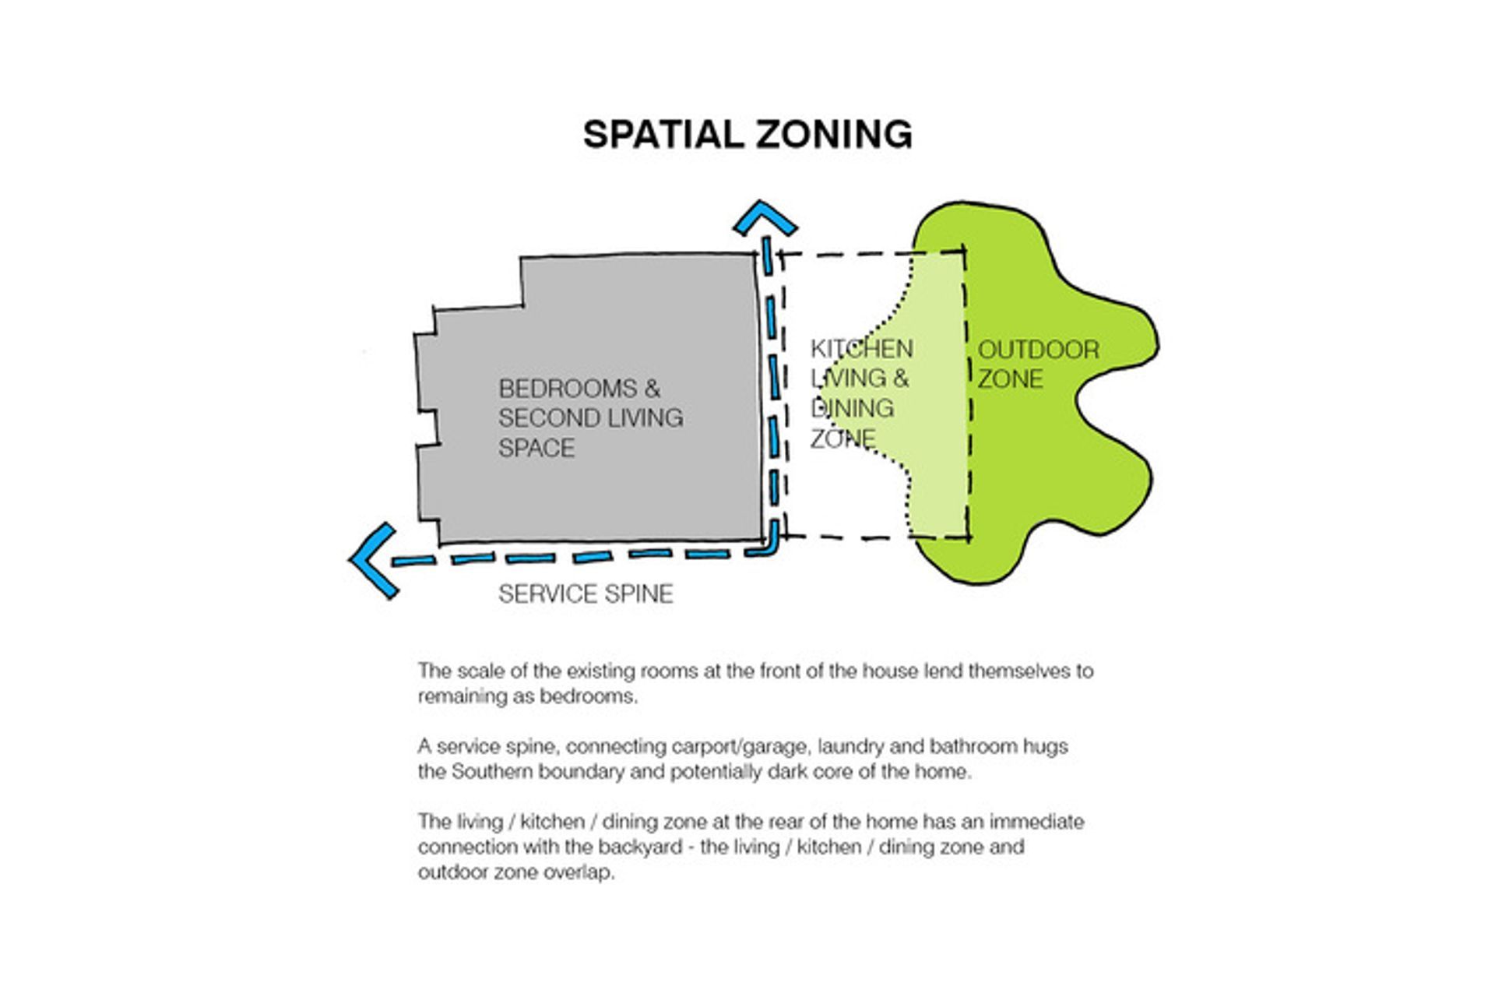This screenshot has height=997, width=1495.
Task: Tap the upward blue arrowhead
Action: tap(765, 217)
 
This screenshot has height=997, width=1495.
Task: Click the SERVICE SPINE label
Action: tap(586, 594)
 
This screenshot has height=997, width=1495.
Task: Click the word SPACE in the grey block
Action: tap(536, 448)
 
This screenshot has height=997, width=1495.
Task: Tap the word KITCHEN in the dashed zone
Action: tap(862, 348)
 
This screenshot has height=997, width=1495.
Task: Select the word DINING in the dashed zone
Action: tap(852, 408)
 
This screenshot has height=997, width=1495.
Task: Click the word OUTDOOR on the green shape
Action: tap(1039, 350)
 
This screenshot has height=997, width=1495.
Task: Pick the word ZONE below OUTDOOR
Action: tap(1010, 379)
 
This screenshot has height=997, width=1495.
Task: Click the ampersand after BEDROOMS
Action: tap(652, 389)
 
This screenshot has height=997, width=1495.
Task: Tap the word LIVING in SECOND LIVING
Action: tap(644, 418)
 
